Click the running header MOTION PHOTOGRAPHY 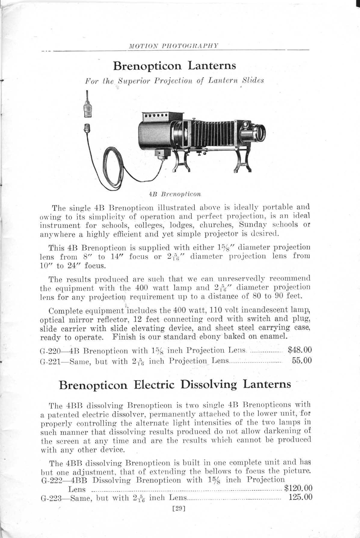(x=173, y=46)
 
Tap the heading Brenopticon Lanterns (x=174, y=65)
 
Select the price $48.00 (x=300, y=350)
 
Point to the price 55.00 (x=302, y=360)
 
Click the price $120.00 (x=298, y=488)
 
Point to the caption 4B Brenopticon (x=175, y=194)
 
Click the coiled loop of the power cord (x=112, y=168)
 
